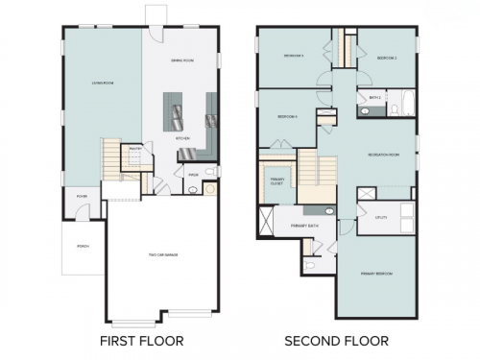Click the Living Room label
pyautogui.click(x=91, y=83)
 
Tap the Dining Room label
pyautogui.click(x=182, y=60)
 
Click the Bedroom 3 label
pyautogui.click(x=293, y=56)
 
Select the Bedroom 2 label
pyautogui.click(x=387, y=58)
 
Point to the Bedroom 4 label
pyautogui.click(x=287, y=117)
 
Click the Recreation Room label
pyautogui.click(x=384, y=154)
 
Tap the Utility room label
pyautogui.click(x=381, y=217)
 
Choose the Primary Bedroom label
pyautogui.click(x=376, y=274)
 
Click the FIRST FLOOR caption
pyautogui.click(x=142, y=340)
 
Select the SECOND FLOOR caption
pyautogui.click(x=335, y=340)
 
